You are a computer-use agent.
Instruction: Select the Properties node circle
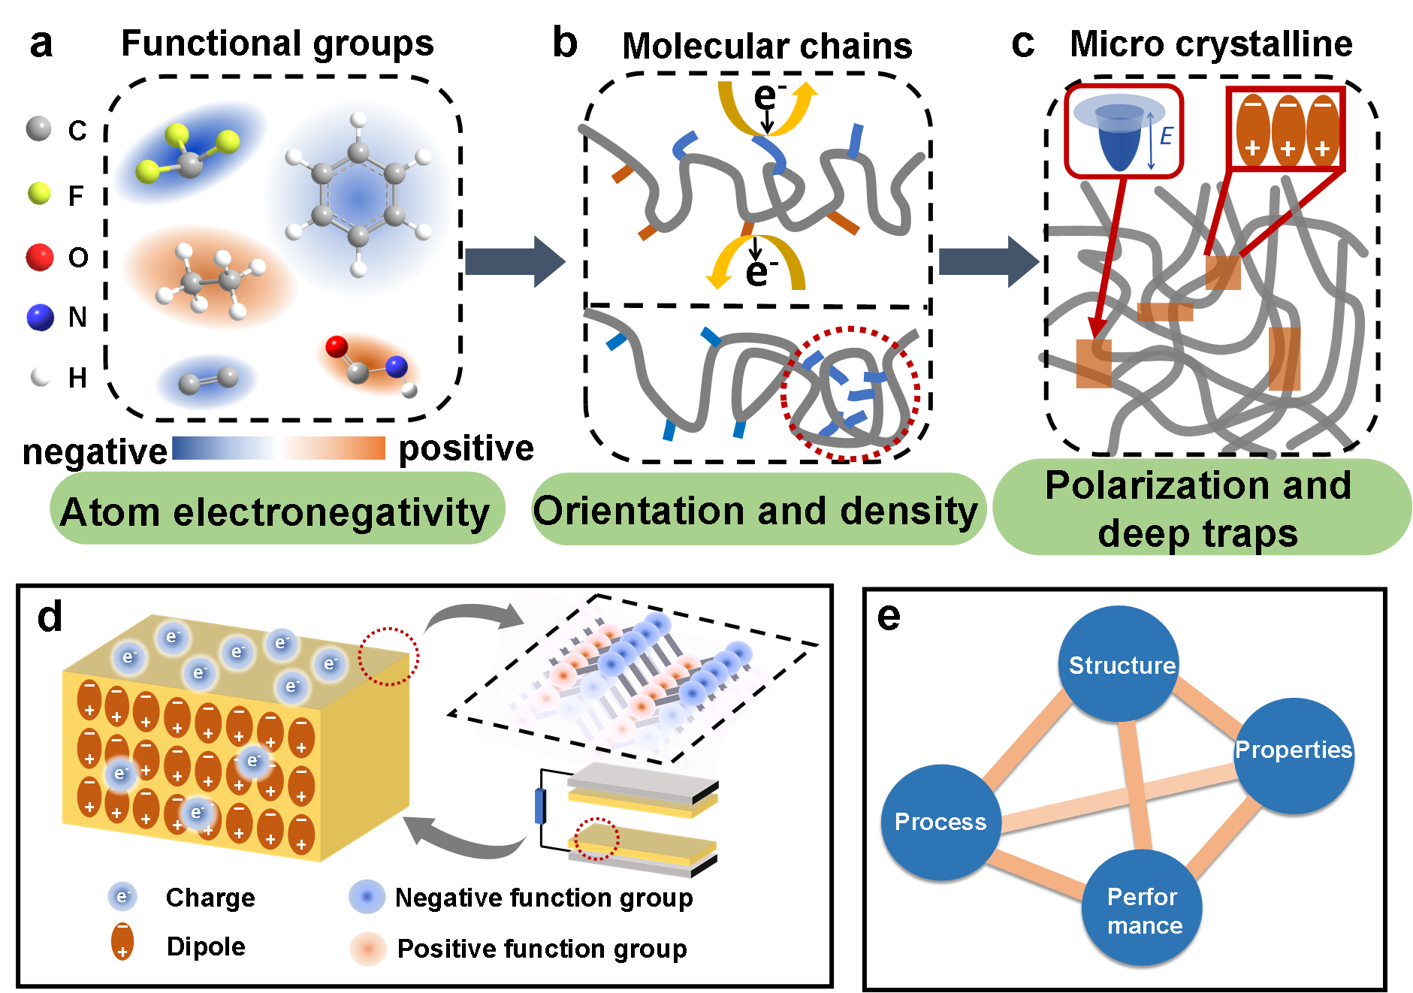(x=1294, y=754)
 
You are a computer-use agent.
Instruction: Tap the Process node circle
(x=940, y=822)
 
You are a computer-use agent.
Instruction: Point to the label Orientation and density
(x=757, y=510)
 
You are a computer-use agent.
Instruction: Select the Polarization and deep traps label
(x=1199, y=509)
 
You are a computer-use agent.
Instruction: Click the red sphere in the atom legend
(x=40, y=257)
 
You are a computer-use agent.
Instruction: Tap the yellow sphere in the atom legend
(x=39, y=193)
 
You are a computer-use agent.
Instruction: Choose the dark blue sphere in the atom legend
(x=40, y=317)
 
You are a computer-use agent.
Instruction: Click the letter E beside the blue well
(x=1166, y=136)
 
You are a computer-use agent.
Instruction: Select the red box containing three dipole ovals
(x=1285, y=128)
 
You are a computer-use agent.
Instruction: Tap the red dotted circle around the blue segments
(x=850, y=393)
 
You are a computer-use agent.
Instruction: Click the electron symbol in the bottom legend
(x=122, y=896)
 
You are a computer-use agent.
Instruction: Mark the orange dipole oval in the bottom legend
(x=122, y=942)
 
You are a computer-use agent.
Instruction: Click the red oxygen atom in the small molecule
(x=337, y=346)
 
